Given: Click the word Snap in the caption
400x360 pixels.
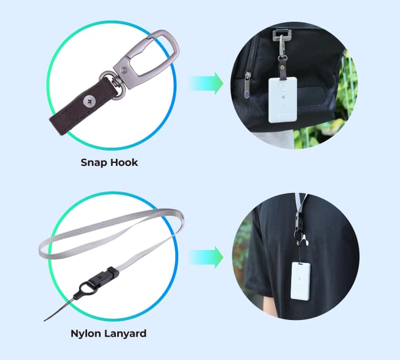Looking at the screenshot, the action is (x=92, y=163).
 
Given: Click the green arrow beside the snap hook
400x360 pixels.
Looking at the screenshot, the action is (x=206, y=83).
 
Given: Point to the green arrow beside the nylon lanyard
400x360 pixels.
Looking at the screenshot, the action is (x=206, y=257).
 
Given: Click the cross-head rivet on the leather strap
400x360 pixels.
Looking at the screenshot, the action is (x=89, y=102).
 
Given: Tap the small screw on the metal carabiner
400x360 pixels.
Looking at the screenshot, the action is (x=124, y=69).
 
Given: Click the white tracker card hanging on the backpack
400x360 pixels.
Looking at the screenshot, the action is (x=283, y=100).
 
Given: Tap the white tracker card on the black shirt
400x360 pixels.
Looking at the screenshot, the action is (x=301, y=281).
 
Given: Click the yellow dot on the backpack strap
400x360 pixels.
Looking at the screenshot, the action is (x=282, y=68).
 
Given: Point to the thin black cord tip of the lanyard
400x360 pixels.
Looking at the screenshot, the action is (x=45, y=320).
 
